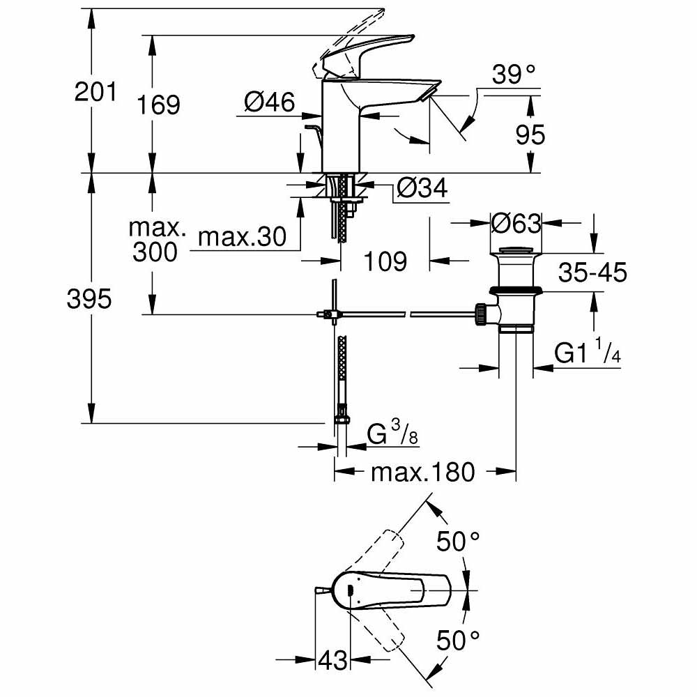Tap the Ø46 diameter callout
pos(269,103)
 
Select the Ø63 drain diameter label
pos(515,224)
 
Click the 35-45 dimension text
pos(592,272)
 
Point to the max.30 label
pos(242,238)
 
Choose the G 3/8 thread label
pos(393,436)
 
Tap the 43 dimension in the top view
pos(332,659)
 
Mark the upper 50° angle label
pos(458,540)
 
